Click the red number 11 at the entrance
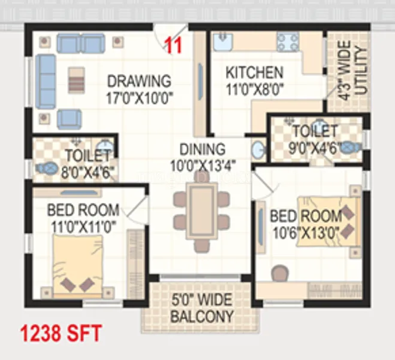click(173, 46)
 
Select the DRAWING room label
click(139, 80)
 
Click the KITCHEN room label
click(254, 73)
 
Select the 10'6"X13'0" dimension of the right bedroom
click(306, 232)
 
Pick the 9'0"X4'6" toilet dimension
click(315, 146)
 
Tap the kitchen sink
click(222, 40)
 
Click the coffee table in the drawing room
click(76, 80)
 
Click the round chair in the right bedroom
click(279, 274)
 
